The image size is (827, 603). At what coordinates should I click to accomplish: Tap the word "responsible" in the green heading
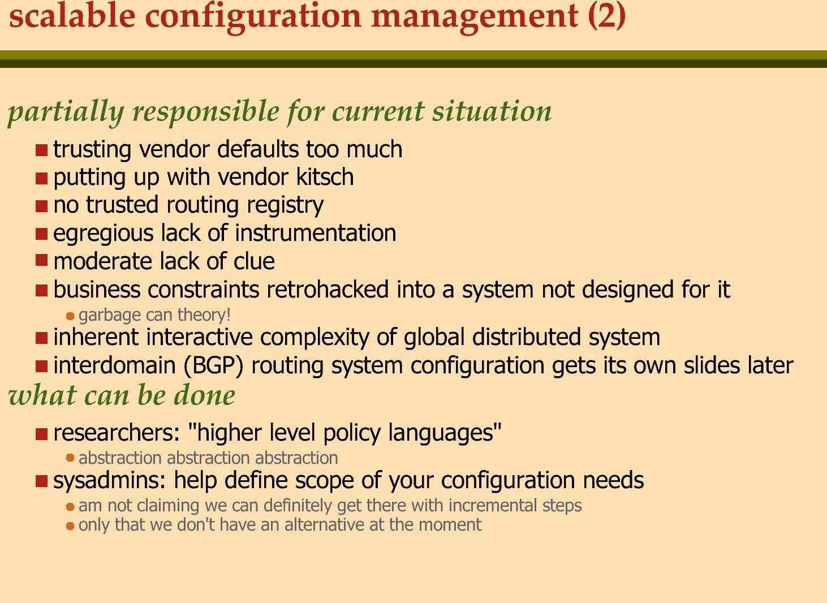tap(206, 111)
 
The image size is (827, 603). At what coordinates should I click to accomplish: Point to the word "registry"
tap(285, 206)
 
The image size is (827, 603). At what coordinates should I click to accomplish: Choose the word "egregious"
tap(104, 234)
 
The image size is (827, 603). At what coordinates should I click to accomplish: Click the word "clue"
tap(254, 261)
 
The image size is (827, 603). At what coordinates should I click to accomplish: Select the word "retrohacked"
tap(328, 289)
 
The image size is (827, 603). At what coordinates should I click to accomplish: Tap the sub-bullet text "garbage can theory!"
tap(154, 315)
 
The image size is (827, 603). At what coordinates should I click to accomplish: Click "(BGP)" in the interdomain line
tap(213, 366)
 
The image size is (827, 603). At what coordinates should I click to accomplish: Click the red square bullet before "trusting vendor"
tap(41, 150)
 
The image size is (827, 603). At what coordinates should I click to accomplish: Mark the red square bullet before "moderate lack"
tap(41, 260)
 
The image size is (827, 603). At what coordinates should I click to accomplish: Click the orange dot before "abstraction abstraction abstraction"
tap(70, 458)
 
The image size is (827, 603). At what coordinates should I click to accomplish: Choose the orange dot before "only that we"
tap(70, 526)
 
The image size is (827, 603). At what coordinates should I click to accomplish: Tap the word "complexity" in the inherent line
tap(315, 338)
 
